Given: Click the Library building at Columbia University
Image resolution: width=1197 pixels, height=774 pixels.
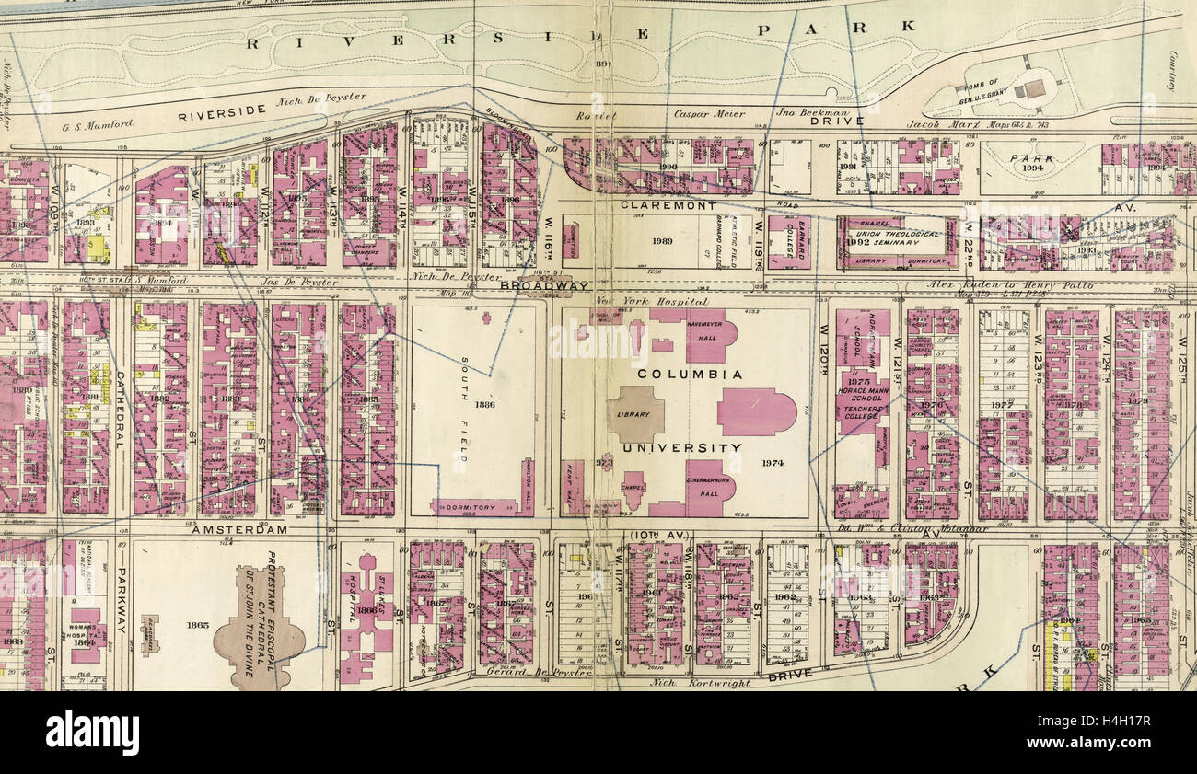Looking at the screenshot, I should point(634,414).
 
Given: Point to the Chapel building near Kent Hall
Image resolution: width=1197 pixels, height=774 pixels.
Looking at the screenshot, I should point(633,488).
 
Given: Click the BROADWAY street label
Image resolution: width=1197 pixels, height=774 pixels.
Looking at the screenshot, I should point(544,286).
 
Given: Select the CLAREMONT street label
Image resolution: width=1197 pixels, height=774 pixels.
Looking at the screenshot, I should point(656,206).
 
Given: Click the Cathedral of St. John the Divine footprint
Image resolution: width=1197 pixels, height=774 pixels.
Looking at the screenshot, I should point(260,626).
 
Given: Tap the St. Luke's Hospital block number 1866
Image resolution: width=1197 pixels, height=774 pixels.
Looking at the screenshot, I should point(366,610).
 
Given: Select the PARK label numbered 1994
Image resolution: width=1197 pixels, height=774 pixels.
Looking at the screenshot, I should point(1031,163).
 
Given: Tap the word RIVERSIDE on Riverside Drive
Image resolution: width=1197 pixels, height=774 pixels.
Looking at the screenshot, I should point(222,113).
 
